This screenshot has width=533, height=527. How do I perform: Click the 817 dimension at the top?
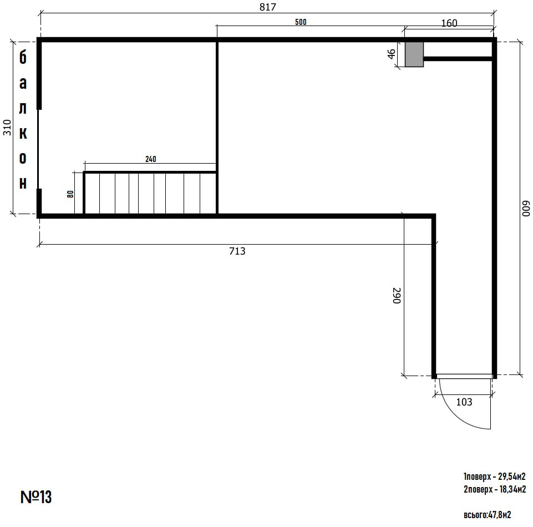coord(267,7)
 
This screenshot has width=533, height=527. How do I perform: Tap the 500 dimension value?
coord(301,22)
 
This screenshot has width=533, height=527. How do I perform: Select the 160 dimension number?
coord(449,23)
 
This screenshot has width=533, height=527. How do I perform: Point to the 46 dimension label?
coord(392,54)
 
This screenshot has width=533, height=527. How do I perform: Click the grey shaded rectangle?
coord(414,54)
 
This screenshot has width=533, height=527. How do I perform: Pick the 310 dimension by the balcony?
coord(7,128)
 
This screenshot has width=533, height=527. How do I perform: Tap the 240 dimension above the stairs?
coord(151,159)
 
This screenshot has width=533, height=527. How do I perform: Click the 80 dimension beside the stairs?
coord(70,194)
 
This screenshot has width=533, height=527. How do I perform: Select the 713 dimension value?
coord(237,251)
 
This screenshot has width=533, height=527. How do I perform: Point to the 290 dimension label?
coord(397,296)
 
